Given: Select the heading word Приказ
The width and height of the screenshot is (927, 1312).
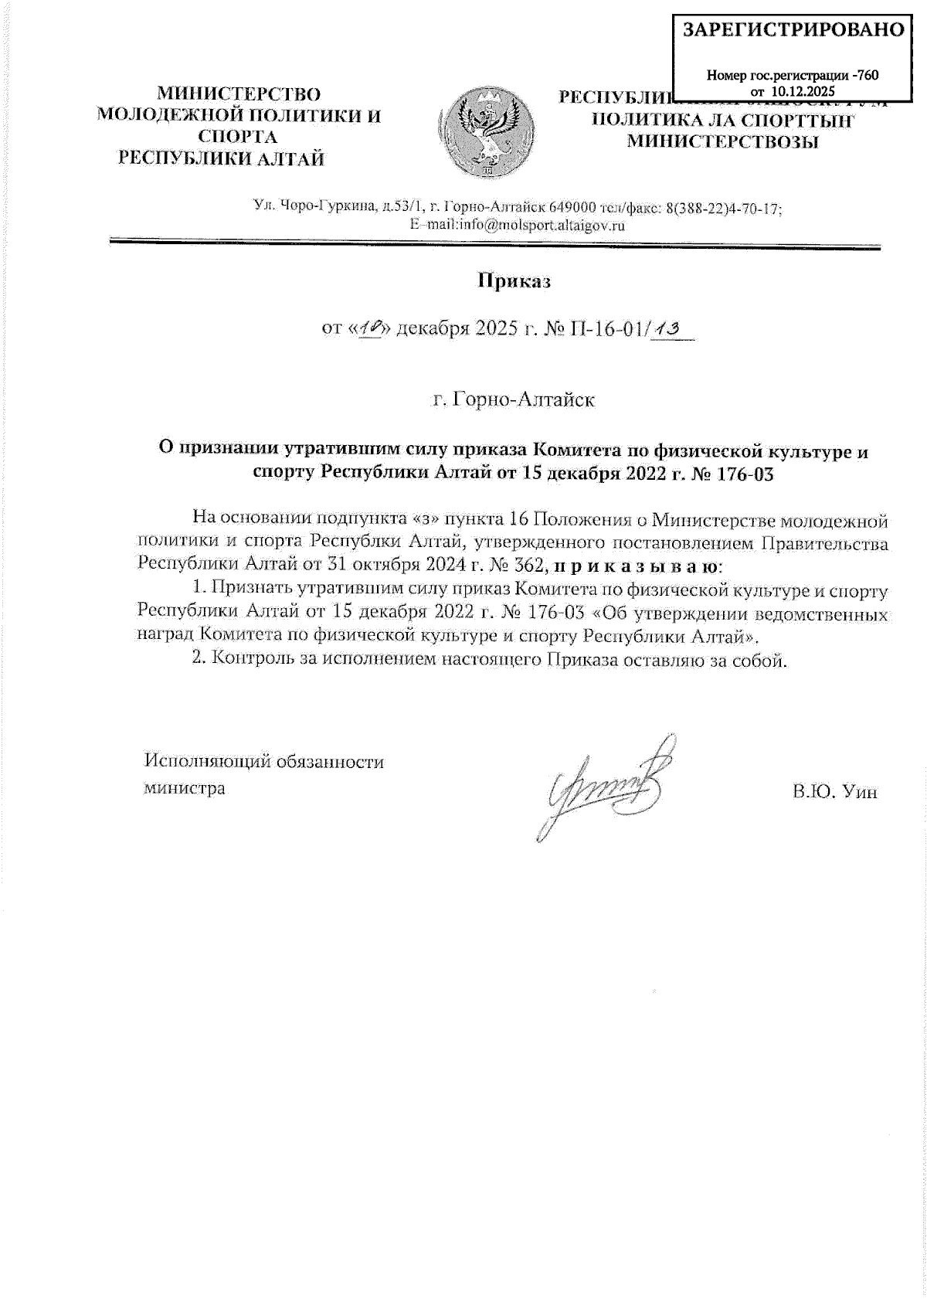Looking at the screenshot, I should point(513,281).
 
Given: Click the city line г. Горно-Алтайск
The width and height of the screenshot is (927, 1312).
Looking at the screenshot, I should point(513,400).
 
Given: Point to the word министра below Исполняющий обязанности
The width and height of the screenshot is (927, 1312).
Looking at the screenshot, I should point(185,789).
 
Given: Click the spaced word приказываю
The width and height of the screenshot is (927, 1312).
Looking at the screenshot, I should point(636,566).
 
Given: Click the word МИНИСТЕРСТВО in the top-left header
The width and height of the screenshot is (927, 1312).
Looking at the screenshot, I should point(239,94).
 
